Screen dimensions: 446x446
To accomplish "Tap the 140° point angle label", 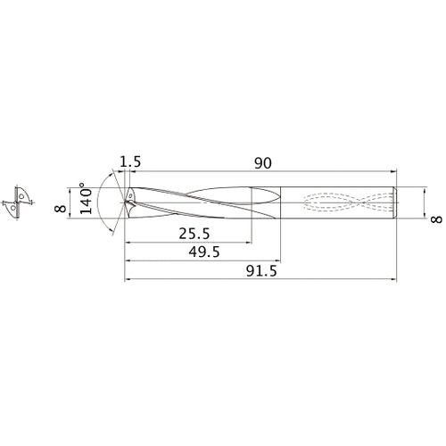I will (85, 202).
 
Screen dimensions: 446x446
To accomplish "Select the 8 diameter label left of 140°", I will (61, 207).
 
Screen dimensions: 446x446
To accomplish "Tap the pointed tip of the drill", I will (125, 202).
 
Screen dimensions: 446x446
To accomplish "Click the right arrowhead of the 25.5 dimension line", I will (248, 241).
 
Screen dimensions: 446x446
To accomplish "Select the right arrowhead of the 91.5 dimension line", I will (394, 279).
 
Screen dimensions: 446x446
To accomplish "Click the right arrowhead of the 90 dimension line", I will (394, 171).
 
